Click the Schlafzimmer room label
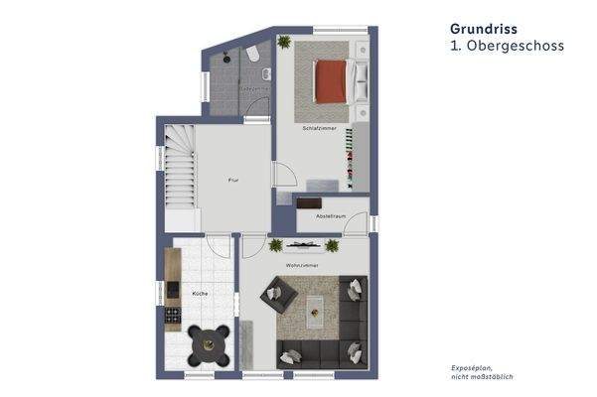pos(320,129)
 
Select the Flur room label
pos(232,180)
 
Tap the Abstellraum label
pos(331,215)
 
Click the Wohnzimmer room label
pos(300,265)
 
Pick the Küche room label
pos(200,294)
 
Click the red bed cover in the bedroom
pos(330,81)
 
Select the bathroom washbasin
pos(266,76)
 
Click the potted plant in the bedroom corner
pos(285,43)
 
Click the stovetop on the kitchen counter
pos(172,318)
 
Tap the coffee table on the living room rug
pos(317,309)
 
